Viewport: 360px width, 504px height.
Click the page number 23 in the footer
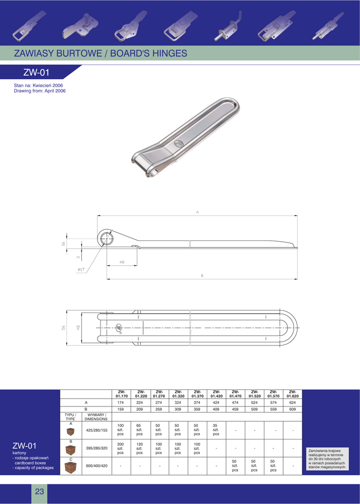(39, 492)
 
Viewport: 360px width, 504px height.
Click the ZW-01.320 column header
(178, 394)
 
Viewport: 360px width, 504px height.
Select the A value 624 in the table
(293, 403)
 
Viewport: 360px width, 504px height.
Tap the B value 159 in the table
(121, 409)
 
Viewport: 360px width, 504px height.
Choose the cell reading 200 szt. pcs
(121, 448)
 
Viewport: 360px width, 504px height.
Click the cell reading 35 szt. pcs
(216, 429)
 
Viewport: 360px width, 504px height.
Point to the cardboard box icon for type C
(70, 467)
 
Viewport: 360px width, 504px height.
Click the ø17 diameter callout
(81, 269)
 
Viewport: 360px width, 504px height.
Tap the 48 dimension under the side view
(122, 262)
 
